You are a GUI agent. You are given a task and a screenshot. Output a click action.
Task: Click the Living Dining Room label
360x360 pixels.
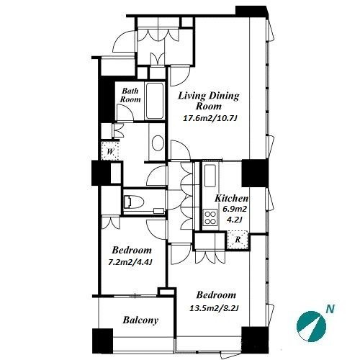click(209, 101)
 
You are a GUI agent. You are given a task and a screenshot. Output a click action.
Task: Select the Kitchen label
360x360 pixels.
click(231, 198)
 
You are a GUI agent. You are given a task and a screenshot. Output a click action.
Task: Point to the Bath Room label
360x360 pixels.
click(130, 95)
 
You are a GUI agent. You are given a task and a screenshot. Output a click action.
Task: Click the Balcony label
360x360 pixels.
click(140, 320)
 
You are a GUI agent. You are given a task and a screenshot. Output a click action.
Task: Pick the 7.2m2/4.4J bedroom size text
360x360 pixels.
click(130, 262)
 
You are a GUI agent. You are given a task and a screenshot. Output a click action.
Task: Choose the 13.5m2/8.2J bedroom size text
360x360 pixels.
click(214, 308)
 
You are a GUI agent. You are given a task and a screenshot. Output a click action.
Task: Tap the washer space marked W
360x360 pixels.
click(110, 151)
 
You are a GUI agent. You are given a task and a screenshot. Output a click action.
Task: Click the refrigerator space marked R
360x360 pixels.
click(238, 240)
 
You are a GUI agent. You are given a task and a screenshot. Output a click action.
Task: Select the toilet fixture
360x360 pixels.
click(133, 202)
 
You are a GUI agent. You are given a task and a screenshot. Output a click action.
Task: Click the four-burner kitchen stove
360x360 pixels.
click(210, 217)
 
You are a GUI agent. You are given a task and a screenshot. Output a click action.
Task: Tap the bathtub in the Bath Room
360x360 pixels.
click(155, 101)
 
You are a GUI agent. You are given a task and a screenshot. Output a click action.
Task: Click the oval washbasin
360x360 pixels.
click(158, 143)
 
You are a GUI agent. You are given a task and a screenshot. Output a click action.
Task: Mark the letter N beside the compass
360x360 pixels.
click(330, 309)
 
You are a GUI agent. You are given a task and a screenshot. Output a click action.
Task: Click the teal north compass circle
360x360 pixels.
click(311, 326)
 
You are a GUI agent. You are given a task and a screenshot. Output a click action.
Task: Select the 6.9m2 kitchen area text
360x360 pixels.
click(235, 209)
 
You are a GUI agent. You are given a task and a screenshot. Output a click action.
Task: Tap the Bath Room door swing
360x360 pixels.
click(125, 113)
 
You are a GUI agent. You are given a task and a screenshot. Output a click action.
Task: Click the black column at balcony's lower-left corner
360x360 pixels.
click(103, 341)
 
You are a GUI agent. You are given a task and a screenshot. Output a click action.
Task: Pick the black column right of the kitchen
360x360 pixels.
click(255, 173)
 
